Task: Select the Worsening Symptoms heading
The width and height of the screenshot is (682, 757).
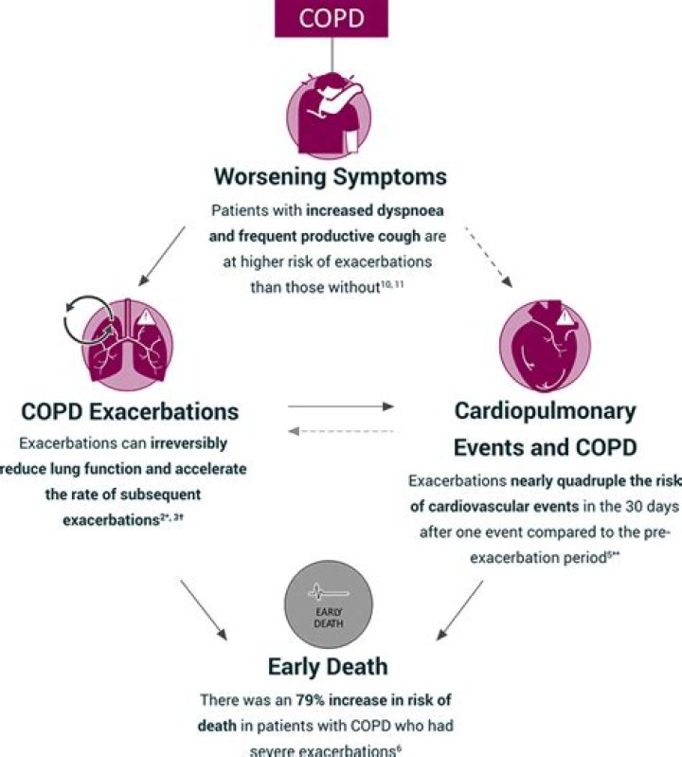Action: click(x=330, y=177)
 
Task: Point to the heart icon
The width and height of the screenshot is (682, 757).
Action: click(x=544, y=348)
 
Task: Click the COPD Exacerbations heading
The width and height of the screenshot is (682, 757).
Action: click(x=130, y=413)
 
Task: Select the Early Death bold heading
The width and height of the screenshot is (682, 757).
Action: click(x=328, y=666)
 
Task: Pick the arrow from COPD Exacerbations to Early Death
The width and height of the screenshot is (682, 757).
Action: click(x=204, y=608)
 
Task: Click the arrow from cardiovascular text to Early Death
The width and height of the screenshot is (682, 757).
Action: click(x=460, y=608)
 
